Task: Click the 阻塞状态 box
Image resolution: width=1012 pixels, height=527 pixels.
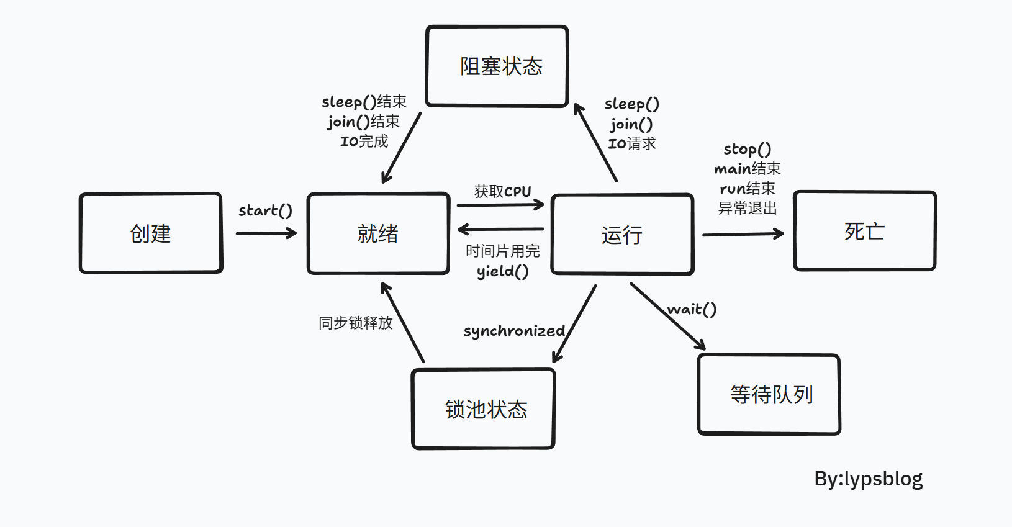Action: pos(497,66)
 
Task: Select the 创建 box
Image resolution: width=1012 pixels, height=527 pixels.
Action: pos(151,233)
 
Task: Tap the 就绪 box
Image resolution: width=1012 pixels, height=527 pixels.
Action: pos(378,233)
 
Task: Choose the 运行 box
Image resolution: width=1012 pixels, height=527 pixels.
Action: pos(622,235)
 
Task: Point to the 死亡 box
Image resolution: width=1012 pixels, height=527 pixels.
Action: pos(864,231)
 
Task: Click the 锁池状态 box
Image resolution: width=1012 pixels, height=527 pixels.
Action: pos(484,409)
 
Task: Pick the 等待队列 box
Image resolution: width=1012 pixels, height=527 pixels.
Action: pos(769,394)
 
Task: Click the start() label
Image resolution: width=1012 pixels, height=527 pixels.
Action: pos(265,211)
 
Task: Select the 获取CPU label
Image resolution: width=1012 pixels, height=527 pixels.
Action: pos(502,191)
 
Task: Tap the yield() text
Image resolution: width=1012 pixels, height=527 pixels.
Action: pos(502,271)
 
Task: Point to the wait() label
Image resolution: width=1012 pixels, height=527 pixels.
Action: pos(692,309)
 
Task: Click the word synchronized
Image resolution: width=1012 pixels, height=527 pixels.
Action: pos(514,331)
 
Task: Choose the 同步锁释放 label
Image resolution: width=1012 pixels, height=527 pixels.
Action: pos(355,323)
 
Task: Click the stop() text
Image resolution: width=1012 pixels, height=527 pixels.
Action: pos(747,150)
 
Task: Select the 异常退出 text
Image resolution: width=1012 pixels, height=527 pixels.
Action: pos(747,209)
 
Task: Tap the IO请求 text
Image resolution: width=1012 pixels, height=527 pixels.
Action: pos(631,144)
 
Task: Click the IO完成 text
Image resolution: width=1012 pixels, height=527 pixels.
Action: pos(364,142)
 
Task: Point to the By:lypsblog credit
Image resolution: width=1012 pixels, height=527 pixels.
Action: pos(868,479)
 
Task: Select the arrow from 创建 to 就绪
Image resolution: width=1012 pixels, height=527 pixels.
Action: pos(266,233)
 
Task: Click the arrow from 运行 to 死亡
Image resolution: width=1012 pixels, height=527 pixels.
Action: pos(743,235)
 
